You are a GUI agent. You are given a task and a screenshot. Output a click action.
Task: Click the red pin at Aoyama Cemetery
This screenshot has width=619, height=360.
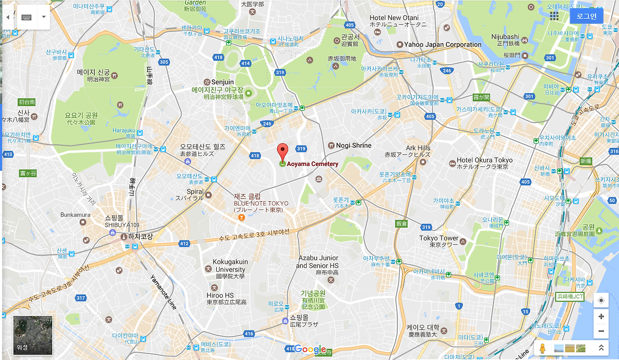tap(282, 151)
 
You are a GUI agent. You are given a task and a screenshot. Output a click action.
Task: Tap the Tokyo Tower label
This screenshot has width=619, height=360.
tap(439, 238)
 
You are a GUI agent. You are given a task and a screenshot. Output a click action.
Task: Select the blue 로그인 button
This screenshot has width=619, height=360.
tap(586, 16)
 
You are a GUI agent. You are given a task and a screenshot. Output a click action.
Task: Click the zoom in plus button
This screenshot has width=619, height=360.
tap(601, 316)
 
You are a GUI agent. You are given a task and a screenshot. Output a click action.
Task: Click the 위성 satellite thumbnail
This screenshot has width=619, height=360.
tap(33, 335)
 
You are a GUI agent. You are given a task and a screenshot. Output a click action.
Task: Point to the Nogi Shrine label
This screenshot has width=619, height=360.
tap(354, 145)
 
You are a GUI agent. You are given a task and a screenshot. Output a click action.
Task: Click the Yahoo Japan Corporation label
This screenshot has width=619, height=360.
tap(443, 45)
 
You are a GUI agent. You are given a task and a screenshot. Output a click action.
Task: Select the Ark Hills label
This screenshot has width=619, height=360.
tap(418, 148)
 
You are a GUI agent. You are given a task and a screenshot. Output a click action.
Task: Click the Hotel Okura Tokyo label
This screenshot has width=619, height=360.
tap(485, 160)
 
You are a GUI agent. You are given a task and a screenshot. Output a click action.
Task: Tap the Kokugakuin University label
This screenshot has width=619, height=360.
tap(230, 266)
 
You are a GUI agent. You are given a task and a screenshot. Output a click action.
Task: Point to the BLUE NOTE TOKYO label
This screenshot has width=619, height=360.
tap(261, 204)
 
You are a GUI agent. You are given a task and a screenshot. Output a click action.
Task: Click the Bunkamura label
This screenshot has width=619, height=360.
tap(75, 215)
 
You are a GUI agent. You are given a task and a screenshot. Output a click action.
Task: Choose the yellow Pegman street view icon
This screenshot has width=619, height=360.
tap(543, 348)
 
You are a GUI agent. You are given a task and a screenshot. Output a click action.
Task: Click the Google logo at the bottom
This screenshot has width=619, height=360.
tap(310, 349)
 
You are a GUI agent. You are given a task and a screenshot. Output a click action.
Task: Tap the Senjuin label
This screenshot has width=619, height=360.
tap(222, 82)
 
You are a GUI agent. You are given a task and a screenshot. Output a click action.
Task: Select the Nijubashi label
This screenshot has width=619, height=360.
tap(505, 37)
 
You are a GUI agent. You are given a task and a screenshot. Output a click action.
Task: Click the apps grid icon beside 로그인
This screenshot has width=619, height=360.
tap(554, 16)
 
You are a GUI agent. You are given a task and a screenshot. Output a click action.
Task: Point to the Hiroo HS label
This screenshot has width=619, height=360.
tap(220, 295)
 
